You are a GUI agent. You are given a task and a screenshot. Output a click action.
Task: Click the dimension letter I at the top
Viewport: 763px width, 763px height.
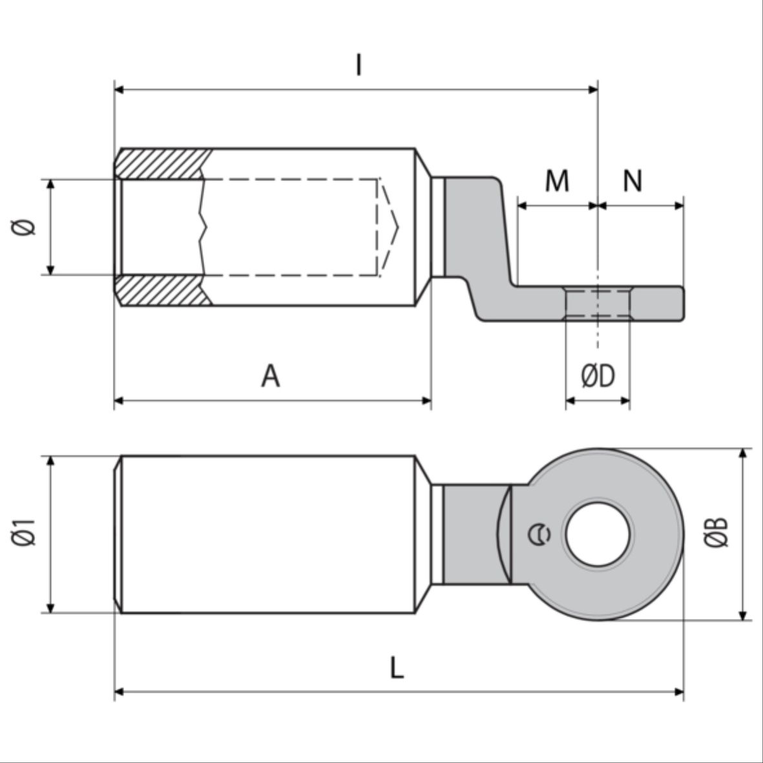(x=359, y=65)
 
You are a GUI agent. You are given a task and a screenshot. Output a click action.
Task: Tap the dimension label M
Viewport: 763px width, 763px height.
(x=557, y=181)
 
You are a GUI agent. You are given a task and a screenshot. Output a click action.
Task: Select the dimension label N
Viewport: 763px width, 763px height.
(x=633, y=181)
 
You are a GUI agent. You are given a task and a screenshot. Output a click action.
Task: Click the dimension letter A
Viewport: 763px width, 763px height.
(x=271, y=376)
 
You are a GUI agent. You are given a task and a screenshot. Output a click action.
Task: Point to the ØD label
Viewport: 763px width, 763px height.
(x=598, y=376)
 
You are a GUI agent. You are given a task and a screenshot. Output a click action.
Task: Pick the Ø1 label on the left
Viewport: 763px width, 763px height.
(x=25, y=533)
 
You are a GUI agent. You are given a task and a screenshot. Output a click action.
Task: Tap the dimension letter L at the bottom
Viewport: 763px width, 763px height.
(x=397, y=667)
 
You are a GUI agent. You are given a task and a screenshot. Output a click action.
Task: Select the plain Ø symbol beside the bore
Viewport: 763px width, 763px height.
(x=25, y=227)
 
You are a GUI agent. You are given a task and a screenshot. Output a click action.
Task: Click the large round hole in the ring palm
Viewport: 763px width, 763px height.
(x=598, y=534)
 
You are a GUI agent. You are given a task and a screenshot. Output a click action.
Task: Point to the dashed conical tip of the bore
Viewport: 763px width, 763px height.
(x=389, y=227)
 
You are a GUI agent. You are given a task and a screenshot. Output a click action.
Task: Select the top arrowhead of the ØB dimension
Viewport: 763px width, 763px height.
(x=744, y=453)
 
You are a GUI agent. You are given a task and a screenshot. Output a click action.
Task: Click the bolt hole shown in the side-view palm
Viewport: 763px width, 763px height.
(x=598, y=304)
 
